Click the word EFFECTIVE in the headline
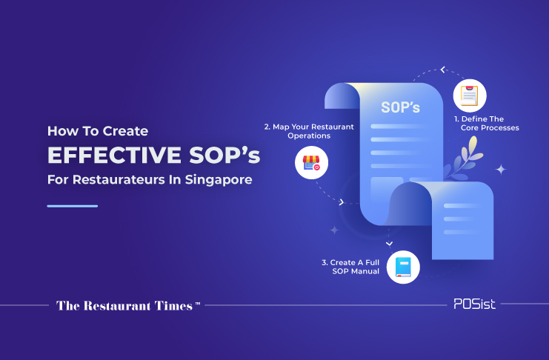click(x=114, y=155)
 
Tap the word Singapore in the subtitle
click(x=219, y=180)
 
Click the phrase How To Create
click(x=98, y=131)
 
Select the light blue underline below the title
click(x=73, y=206)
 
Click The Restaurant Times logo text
click(x=128, y=306)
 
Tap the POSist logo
click(x=474, y=304)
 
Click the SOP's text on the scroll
click(x=400, y=107)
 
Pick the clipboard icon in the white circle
click(x=470, y=96)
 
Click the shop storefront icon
click(x=311, y=163)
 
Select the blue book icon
click(x=403, y=267)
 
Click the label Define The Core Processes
click(x=487, y=123)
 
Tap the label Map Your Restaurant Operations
click(x=309, y=131)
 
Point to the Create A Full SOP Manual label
click(x=350, y=267)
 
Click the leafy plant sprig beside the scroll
click(x=463, y=158)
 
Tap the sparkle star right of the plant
click(x=501, y=170)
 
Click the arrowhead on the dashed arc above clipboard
click(x=443, y=70)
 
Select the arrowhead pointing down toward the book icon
click(x=390, y=244)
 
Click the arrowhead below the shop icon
click(x=342, y=202)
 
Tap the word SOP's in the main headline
click(x=224, y=155)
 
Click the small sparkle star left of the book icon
click(x=335, y=230)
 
